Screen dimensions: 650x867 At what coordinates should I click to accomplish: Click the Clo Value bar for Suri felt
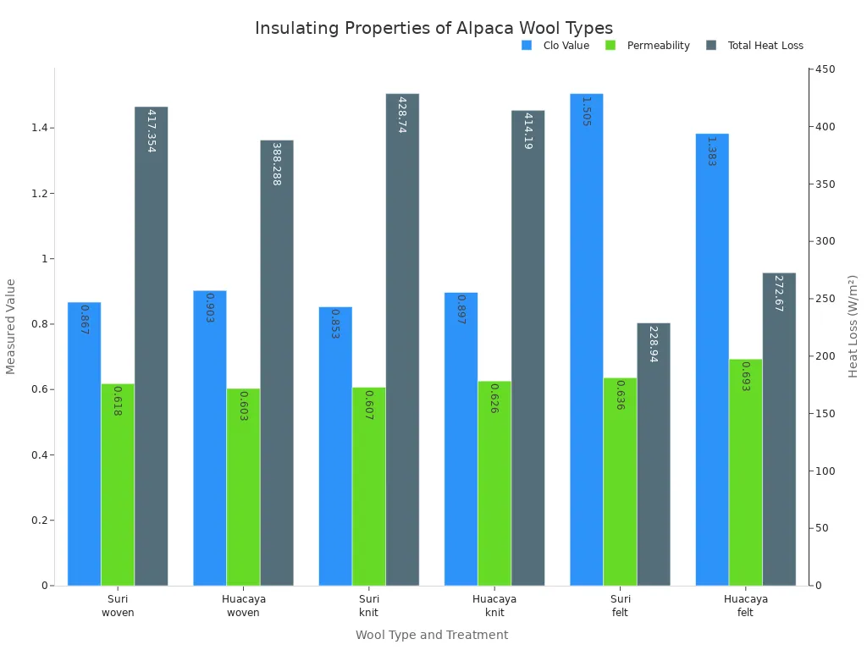click(586, 339)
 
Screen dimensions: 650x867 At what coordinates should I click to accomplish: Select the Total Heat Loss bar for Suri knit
click(402, 339)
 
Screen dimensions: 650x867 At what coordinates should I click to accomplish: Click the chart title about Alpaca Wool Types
click(433, 28)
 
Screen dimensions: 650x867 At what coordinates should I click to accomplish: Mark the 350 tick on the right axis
click(826, 185)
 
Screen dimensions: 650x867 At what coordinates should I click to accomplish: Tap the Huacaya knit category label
click(494, 606)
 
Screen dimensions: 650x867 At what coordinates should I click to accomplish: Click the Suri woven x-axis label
click(118, 606)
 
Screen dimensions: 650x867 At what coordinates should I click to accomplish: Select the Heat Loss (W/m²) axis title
click(853, 326)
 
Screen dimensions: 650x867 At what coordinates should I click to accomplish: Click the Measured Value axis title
click(11, 326)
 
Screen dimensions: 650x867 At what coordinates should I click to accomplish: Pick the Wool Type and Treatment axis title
click(432, 635)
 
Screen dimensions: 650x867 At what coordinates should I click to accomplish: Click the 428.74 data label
click(402, 114)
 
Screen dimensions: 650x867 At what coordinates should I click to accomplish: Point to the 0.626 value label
click(494, 398)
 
